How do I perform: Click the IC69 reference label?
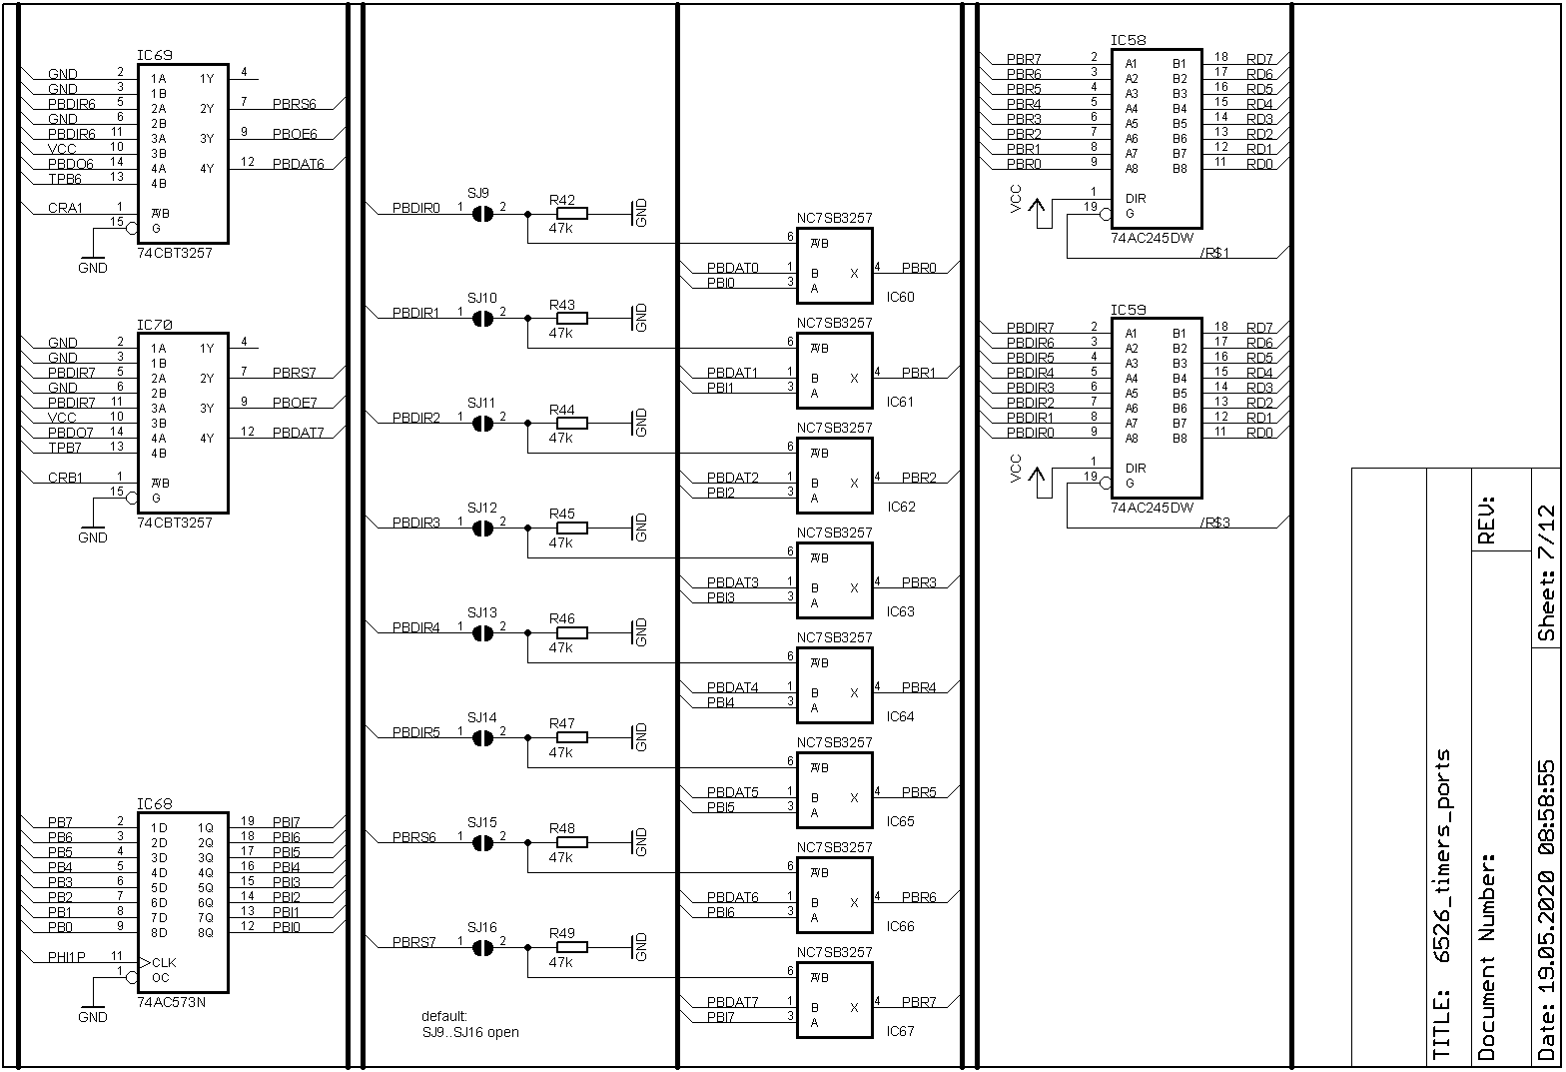[x=154, y=55]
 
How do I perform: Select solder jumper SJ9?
[x=482, y=213]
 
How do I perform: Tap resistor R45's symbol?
[x=571, y=528]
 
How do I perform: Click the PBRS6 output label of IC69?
[x=294, y=104]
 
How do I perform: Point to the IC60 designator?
[x=900, y=297]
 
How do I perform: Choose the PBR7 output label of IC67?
[x=919, y=1002]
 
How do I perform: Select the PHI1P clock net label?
[x=67, y=957]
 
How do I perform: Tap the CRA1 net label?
[x=66, y=208]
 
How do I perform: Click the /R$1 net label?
[x=1214, y=253]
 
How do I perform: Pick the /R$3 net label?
[x=1214, y=523]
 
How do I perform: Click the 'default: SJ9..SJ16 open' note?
[x=469, y=1024]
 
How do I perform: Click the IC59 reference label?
[x=1129, y=310]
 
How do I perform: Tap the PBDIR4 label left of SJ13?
[x=415, y=627]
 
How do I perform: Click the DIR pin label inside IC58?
[x=1136, y=199]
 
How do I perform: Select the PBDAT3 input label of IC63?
[x=732, y=582]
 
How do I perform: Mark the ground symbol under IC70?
[x=92, y=531]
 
